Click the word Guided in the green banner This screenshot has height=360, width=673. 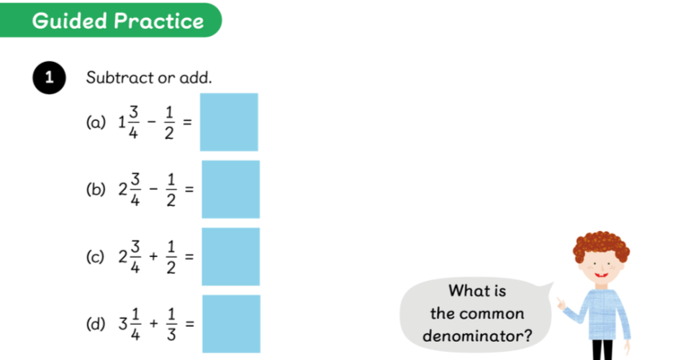(70, 21)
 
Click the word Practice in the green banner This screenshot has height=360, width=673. (159, 21)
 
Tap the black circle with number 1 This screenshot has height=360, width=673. (50, 78)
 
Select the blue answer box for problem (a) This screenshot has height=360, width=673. (229, 122)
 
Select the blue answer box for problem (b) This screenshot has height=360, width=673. (231, 189)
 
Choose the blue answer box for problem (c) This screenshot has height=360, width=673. (231, 256)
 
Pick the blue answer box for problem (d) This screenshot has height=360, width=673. (231, 324)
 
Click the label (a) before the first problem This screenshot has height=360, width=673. (96, 122)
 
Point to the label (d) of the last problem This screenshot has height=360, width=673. (96, 324)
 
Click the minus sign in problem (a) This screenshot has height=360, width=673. (151, 122)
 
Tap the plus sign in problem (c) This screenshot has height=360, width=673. (153, 256)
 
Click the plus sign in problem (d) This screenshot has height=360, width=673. (153, 323)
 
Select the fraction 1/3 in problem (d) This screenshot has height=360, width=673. (171, 324)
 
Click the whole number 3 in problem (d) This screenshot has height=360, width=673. (123, 324)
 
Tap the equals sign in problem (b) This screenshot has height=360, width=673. (189, 189)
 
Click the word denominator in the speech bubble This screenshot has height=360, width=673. (477, 336)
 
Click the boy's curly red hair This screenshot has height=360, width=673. (601, 245)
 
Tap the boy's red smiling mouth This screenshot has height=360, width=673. (601, 274)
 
